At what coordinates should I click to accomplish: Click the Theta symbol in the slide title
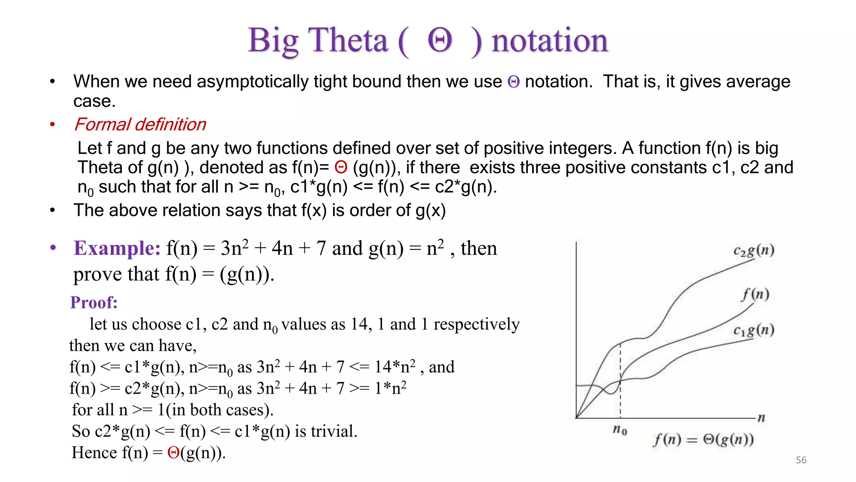click(440, 41)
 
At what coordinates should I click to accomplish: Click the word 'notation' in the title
click(549, 41)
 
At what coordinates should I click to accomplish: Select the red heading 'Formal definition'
click(140, 124)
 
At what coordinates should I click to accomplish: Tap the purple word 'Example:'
click(117, 248)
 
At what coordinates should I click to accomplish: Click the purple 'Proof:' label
click(94, 302)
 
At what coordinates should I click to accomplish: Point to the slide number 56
click(801, 460)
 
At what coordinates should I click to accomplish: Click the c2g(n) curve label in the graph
click(754, 251)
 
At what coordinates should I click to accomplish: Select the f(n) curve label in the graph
click(755, 294)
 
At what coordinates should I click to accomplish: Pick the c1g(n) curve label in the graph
click(754, 331)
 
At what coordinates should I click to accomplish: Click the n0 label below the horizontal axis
click(620, 429)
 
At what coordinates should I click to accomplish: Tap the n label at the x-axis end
click(761, 417)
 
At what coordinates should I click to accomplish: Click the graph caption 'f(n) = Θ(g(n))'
click(703, 439)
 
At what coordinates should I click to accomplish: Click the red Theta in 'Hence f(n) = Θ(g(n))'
click(173, 452)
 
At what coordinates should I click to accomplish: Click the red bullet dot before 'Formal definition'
click(52, 124)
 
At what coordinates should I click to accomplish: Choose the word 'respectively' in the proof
click(476, 324)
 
